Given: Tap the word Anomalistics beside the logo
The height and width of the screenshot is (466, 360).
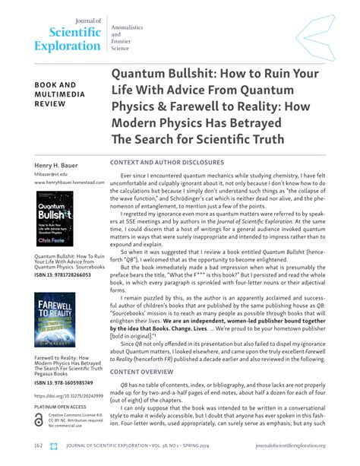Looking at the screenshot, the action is pyautogui.click(x=129, y=27).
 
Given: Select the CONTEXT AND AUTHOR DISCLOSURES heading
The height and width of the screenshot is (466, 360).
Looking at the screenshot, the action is pyautogui.click(x=167, y=163).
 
